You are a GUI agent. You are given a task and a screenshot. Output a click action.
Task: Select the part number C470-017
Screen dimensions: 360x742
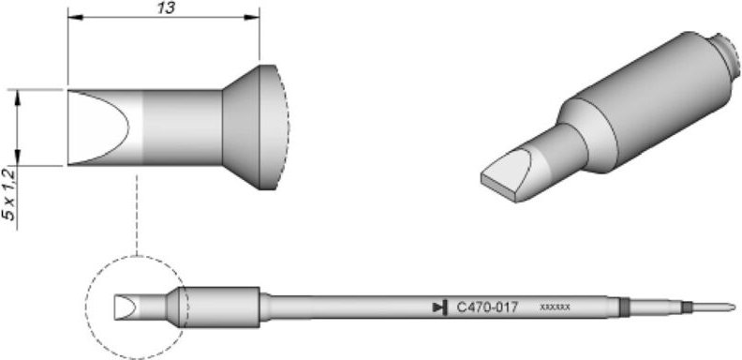tap(486, 307)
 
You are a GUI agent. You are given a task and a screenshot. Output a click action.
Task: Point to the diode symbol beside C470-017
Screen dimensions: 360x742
tap(439, 307)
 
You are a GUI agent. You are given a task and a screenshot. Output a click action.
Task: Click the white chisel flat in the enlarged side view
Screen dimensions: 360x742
tap(98, 127)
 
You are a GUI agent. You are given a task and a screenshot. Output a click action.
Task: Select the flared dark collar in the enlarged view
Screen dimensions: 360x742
tap(242, 127)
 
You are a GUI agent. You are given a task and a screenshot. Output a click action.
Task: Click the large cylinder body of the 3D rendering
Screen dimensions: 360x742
tap(646, 103)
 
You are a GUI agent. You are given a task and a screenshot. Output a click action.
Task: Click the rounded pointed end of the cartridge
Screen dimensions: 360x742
tap(727, 307)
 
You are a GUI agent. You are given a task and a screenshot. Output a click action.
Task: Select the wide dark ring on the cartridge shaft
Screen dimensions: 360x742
tap(624, 307)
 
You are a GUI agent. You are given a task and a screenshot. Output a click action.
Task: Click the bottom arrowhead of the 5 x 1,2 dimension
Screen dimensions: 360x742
tap(18, 160)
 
